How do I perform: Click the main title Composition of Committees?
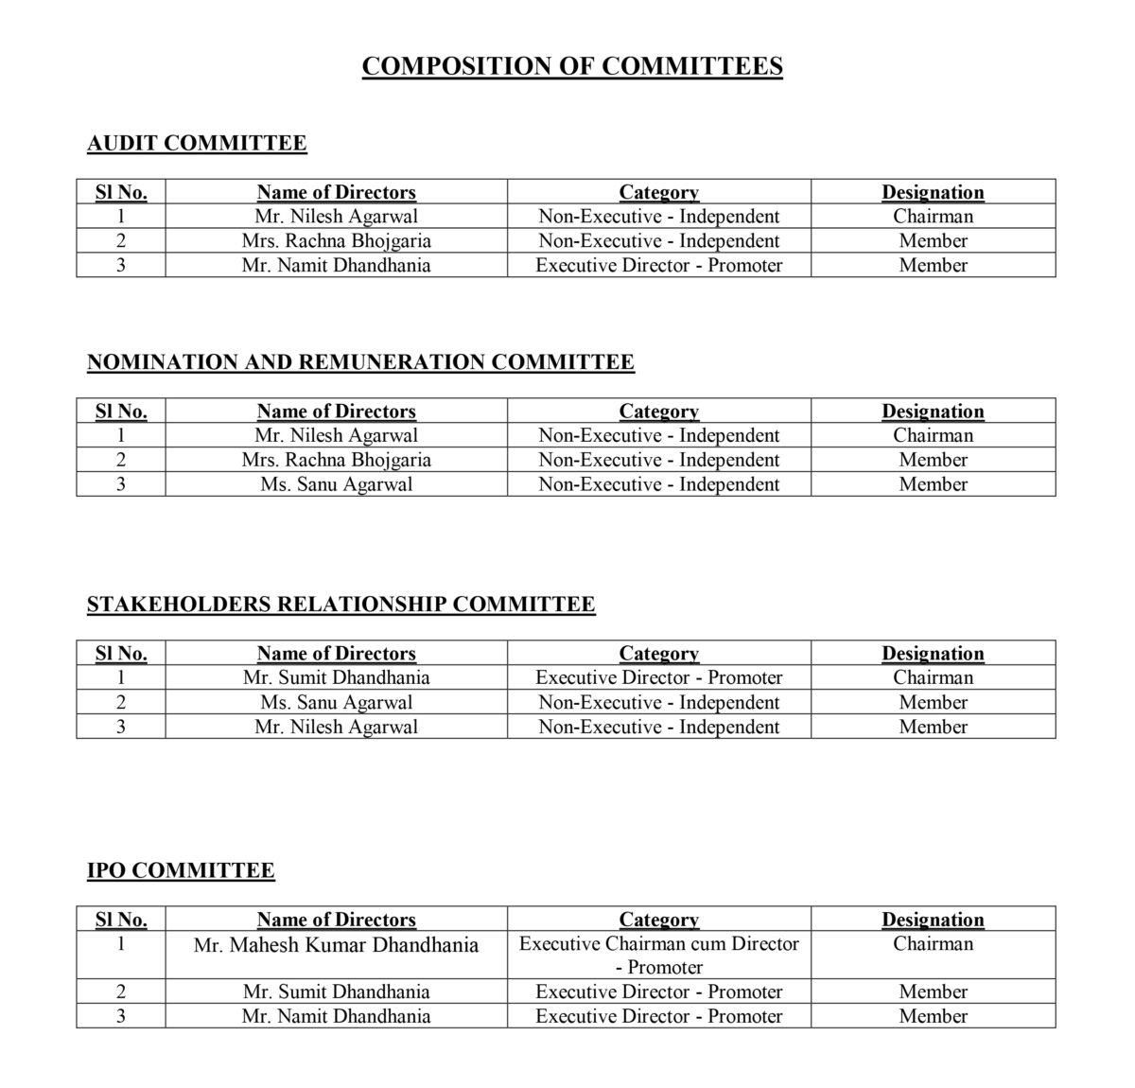[x=572, y=66]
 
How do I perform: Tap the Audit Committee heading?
[x=197, y=143]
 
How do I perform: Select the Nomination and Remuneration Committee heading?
[x=360, y=362]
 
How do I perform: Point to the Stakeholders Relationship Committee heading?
[x=340, y=605]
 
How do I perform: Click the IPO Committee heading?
[x=181, y=870]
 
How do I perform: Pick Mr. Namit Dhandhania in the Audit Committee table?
[x=336, y=265]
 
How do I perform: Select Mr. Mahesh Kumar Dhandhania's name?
[x=336, y=945]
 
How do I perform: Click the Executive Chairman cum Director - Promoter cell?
[x=658, y=955]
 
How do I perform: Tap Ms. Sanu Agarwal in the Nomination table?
[x=336, y=484]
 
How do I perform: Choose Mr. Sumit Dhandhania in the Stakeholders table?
[x=336, y=677]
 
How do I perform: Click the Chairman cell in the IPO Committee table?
[x=933, y=944]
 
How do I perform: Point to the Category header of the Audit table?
[x=658, y=192]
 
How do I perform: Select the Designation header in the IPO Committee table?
[x=933, y=920]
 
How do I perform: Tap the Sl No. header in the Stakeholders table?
[x=121, y=654]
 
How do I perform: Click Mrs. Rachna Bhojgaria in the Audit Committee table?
[x=336, y=240]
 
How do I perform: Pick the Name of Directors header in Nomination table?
[x=336, y=412]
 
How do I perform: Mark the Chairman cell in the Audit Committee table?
[x=933, y=216]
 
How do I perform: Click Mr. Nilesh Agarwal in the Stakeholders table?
[x=336, y=727]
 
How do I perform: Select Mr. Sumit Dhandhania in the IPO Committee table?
[x=336, y=991]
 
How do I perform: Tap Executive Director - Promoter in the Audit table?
[x=658, y=265]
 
